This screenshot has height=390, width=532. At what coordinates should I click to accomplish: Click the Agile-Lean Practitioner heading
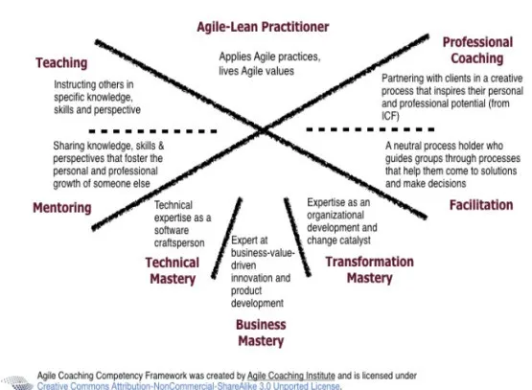[x=263, y=27]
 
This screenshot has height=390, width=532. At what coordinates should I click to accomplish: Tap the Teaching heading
[x=61, y=63]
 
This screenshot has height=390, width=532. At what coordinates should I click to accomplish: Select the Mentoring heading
[x=62, y=208]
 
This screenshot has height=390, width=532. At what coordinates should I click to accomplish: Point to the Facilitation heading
[x=481, y=205]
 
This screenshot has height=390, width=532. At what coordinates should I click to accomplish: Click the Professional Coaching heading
[x=477, y=50]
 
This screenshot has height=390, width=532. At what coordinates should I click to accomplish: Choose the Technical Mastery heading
[x=173, y=270]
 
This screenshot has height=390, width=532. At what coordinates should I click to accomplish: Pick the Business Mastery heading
[x=261, y=333]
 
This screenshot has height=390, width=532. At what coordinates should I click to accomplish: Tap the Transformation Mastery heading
[x=369, y=270]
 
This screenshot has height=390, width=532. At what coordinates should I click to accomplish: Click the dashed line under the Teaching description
[x=152, y=131]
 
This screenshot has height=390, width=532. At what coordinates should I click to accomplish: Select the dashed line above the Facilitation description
[x=370, y=129]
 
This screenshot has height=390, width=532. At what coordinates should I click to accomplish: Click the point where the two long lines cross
[x=264, y=129]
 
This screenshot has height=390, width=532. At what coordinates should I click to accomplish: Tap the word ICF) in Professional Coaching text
[x=390, y=116]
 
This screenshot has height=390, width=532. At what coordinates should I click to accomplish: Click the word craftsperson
[x=179, y=243]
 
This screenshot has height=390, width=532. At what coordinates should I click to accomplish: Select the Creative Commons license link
[x=189, y=386]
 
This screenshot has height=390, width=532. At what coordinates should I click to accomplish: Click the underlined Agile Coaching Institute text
[x=291, y=376]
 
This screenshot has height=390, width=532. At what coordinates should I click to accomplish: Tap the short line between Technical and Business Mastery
[x=226, y=238]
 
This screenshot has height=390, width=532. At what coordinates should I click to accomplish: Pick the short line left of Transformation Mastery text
[x=297, y=237]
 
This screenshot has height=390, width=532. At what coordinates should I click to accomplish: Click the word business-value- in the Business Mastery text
[x=263, y=253]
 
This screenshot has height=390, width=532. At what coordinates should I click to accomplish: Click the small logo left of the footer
[x=17, y=383]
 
